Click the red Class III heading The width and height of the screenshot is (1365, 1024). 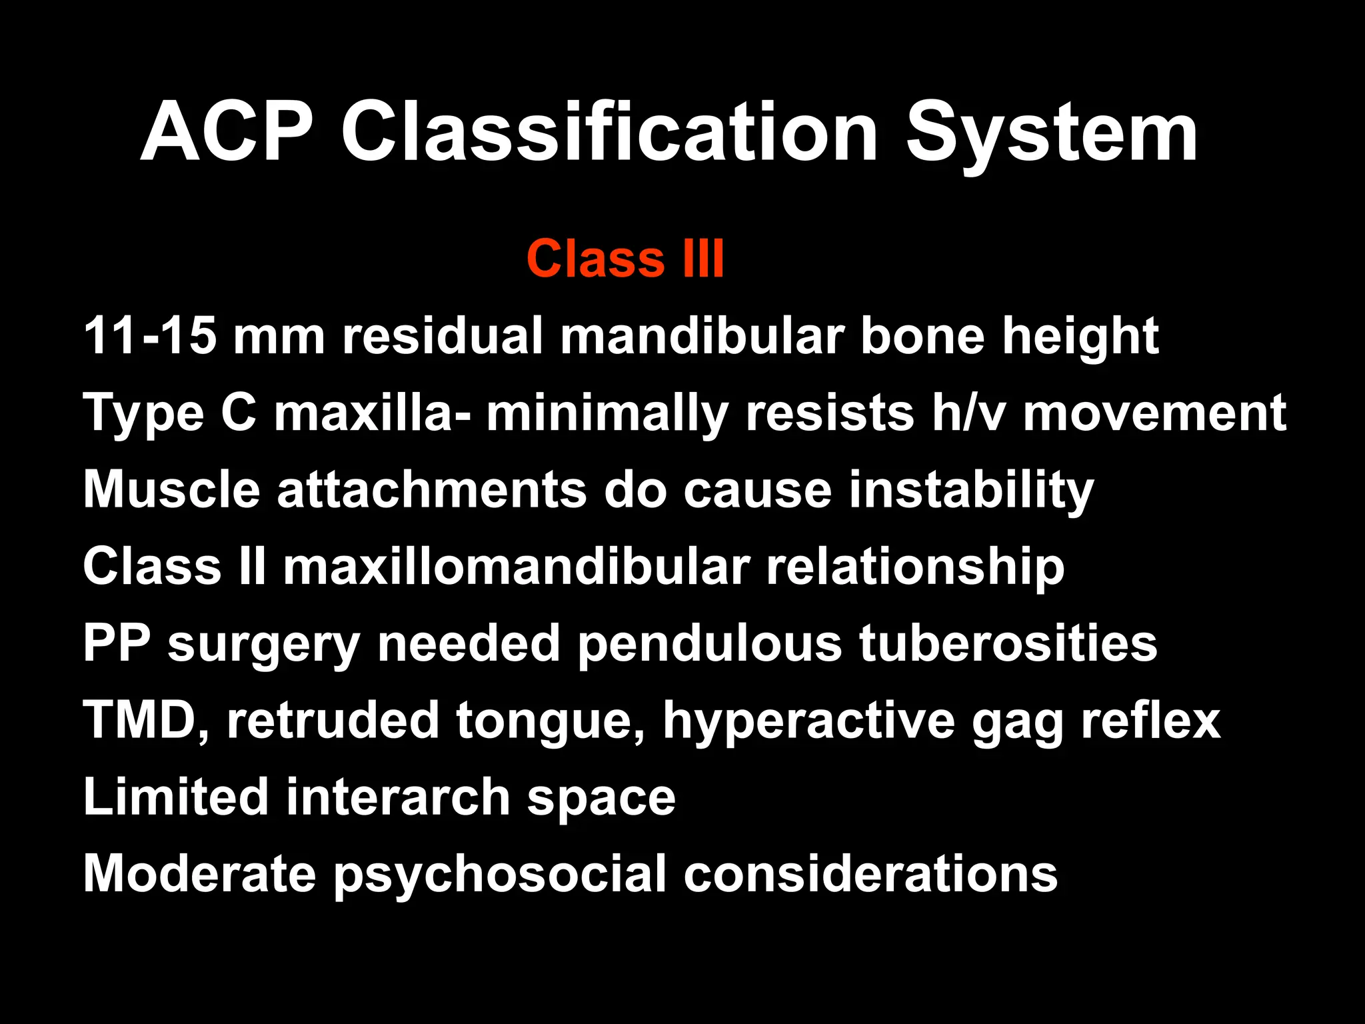pos(625,259)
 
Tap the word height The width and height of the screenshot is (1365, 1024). pos(1080,337)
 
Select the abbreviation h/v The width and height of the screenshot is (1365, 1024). pos(968,413)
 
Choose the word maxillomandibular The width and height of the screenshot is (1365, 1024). pos(517,567)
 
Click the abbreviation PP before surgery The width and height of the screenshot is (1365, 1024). pos(117,643)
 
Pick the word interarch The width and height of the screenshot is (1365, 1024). pos(398,797)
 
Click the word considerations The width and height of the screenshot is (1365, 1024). pos(870,873)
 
